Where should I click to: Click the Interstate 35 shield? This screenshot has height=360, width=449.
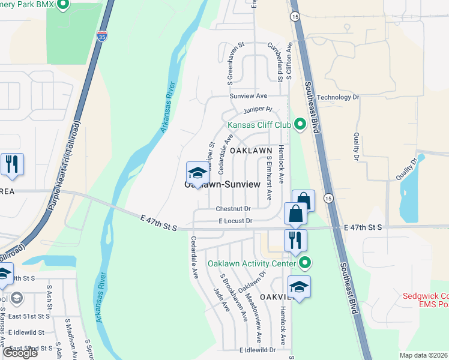click(x=102, y=36)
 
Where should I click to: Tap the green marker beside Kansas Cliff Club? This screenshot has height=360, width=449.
click(x=300, y=125)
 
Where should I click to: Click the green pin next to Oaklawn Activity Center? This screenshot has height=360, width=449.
click(x=306, y=263)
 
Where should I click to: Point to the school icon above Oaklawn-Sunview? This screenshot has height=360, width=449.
click(x=197, y=174)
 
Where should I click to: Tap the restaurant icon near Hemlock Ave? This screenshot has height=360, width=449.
click(x=295, y=240)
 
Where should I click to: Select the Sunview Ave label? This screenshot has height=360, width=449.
click(x=248, y=96)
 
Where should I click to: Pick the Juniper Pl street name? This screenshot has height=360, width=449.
click(x=258, y=110)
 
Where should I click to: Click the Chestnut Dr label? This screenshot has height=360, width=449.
click(x=233, y=209)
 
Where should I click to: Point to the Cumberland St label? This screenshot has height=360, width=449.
click(x=280, y=60)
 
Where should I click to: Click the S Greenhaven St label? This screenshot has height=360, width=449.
click(x=229, y=64)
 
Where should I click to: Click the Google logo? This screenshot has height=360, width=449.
click(x=20, y=353)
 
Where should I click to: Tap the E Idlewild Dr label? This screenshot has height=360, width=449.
click(x=258, y=349)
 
